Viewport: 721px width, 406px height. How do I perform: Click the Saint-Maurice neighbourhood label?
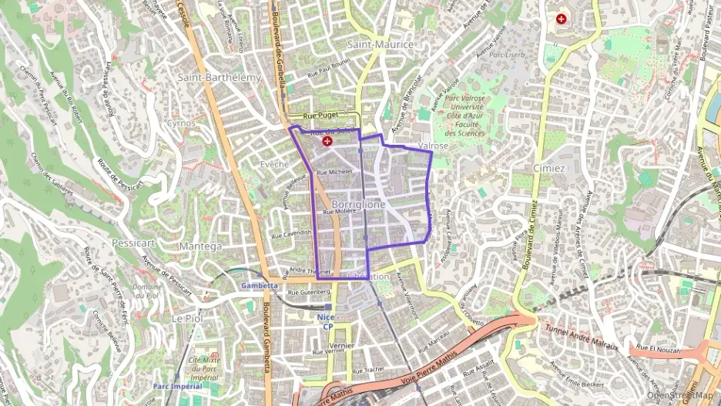(381, 45)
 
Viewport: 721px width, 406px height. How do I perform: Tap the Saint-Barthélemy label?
(220, 78)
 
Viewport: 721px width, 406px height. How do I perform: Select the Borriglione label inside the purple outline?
(359, 205)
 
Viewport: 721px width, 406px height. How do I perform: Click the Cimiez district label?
(548, 168)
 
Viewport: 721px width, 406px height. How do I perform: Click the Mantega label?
(200, 247)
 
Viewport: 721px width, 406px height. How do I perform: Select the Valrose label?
(432, 145)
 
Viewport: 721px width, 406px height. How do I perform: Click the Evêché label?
(274, 164)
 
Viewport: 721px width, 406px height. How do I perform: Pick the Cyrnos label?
(182, 123)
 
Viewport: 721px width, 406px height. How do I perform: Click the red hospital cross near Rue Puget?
(327, 142)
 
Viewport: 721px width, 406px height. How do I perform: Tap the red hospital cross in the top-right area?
(561, 18)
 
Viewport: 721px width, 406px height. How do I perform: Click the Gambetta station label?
(259, 285)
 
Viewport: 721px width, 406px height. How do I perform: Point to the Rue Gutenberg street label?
(308, 293)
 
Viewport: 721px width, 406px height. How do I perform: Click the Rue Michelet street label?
(334, 173)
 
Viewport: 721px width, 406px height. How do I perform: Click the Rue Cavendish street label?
(291, 233)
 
